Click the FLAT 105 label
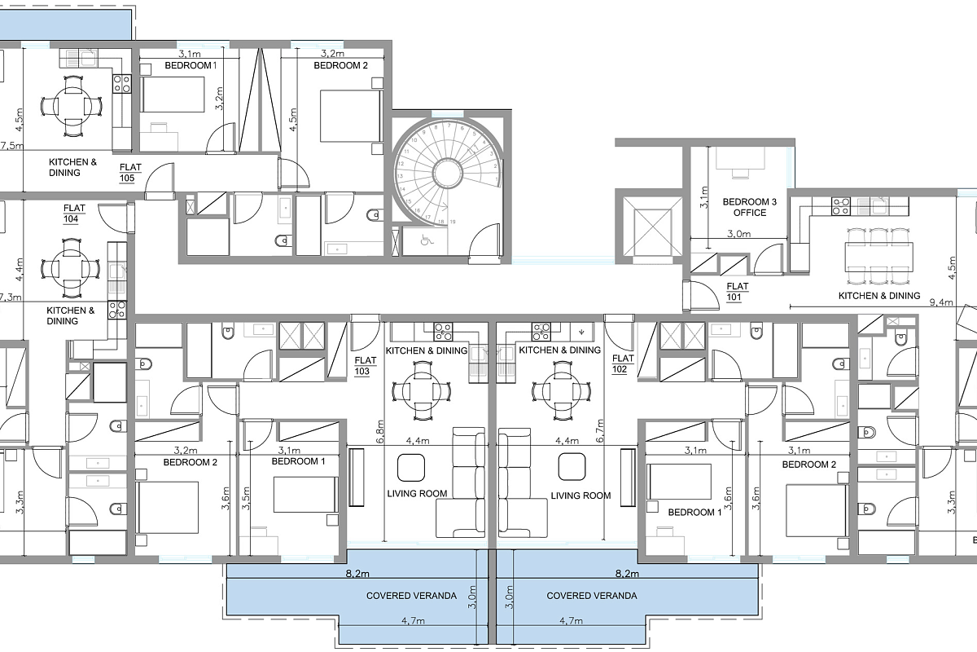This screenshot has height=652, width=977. pos(130,173)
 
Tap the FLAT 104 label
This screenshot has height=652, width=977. pos(74,214)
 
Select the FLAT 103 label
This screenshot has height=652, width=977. pos(365,366)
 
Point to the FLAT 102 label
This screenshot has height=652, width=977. pos(622,363)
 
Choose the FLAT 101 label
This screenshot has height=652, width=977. pos(737,292)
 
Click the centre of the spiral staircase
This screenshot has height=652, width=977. pos(448,173)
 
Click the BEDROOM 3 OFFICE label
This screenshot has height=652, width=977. pos(749,207)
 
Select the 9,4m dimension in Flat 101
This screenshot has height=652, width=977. pos(940,302)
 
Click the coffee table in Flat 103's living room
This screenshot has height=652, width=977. pos(411,467)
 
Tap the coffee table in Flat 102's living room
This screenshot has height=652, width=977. pos(572,466)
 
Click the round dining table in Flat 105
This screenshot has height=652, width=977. pos(72,107)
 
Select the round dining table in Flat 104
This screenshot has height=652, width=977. pos(71,268)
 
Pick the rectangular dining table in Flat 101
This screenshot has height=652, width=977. pos(878,256)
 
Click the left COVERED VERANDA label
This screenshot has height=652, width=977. pos(411,596)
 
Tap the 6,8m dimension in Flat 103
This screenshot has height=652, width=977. pos(380,431)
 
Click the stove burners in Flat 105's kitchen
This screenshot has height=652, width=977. pos(121,84)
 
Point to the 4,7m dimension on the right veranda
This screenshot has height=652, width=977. pos(571,620)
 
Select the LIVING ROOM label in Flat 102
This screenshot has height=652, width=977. pos(581,496)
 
